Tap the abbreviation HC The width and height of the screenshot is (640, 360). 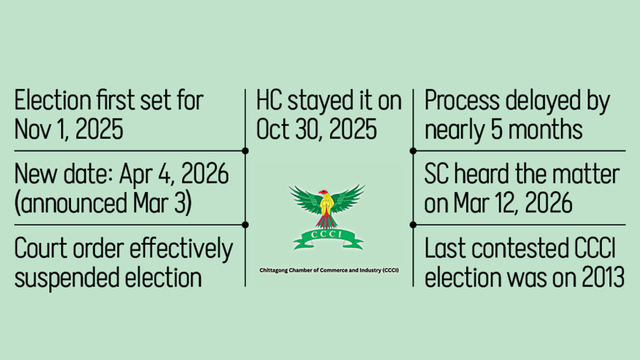pos(270,100)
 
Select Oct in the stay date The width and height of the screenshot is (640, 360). pos(273,129)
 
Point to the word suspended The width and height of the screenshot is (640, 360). pos(59,277)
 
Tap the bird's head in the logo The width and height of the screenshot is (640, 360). pos(326,196)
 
